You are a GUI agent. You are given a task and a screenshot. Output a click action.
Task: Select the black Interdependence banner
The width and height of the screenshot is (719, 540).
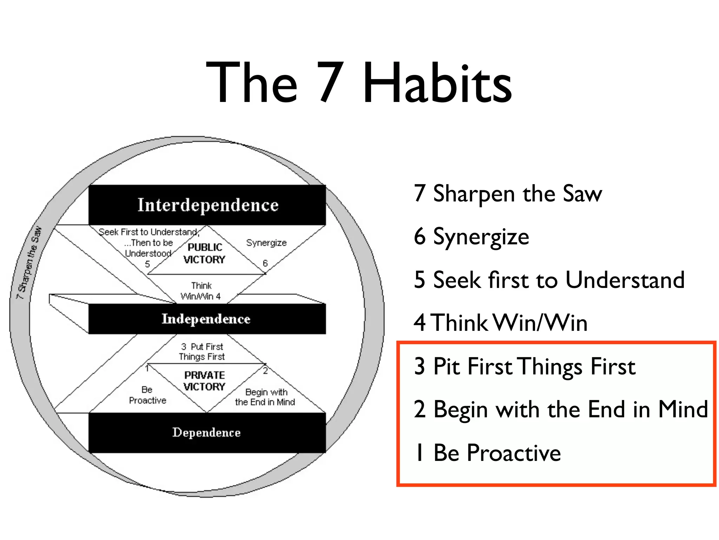click(207, 205)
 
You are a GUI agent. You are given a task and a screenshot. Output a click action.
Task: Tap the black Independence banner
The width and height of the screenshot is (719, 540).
click(207, 319)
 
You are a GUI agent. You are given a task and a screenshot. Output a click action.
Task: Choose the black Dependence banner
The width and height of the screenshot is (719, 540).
click(207, 432)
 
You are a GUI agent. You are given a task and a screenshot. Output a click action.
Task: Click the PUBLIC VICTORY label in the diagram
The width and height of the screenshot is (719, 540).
click(204, 253)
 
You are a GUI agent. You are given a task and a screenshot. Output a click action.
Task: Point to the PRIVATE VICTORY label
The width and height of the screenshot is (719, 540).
click(204, 381)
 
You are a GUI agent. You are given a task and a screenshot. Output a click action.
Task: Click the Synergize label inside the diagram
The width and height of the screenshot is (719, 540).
click(266, 243)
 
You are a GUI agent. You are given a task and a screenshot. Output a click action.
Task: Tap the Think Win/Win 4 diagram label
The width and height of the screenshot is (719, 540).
click(201, 291)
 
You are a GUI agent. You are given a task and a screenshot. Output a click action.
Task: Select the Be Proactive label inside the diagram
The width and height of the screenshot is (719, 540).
click(147, 395)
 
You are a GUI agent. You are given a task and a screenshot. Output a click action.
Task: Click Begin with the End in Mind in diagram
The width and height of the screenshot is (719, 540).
click(265, 397)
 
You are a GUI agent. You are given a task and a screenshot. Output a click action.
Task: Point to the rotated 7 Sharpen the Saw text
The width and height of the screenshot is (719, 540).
click(29, 263)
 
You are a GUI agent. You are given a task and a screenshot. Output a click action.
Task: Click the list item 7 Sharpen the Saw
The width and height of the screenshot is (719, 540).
click(508, 193)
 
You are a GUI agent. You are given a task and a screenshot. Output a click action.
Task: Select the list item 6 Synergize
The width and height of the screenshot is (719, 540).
click(471, 236)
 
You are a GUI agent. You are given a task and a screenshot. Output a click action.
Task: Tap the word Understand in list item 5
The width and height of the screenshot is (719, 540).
click(625, 280)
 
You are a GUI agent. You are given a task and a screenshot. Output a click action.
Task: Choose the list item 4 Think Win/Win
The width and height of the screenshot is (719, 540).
click(500, 323)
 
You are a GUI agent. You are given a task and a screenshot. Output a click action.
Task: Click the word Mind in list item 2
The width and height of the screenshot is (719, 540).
click(683, 409)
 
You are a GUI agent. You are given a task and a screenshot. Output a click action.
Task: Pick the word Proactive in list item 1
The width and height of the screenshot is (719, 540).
click(513, 453)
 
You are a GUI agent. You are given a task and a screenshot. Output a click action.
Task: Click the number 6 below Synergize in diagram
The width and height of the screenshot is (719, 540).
click(265, 263)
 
